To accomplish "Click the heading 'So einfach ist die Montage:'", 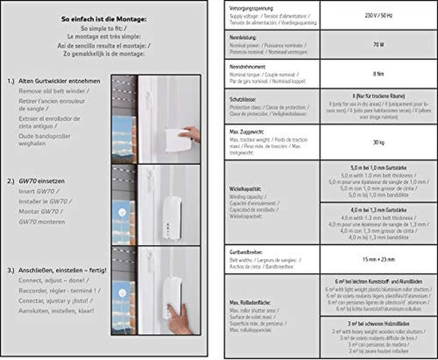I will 105,19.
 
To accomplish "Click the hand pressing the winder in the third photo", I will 179,318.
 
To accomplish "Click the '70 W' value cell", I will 378,44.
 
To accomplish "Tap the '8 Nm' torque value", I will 378,75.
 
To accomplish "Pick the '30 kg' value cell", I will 378,143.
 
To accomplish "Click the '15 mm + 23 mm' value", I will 378,259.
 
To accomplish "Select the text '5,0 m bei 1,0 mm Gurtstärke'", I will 378,167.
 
